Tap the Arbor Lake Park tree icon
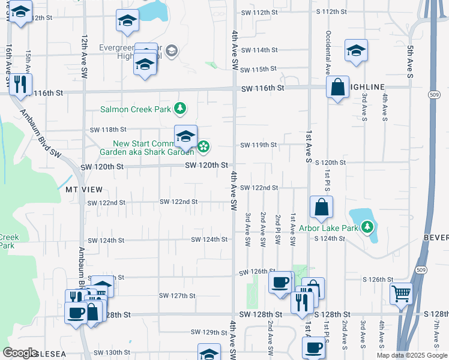tap(367, 227)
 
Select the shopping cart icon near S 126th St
tap(401, 294)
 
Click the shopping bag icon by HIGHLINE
tap(338, 88)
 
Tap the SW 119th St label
tap(259, 145)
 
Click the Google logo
tap(20, 352)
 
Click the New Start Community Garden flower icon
tap(203, 146)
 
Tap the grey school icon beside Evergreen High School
tap(172, 50)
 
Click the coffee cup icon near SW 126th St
tap(280, 283)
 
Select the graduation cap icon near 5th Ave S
tap(356, 50)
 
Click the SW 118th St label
tap(108, 130)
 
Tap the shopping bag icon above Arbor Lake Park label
tap(322, 207)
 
